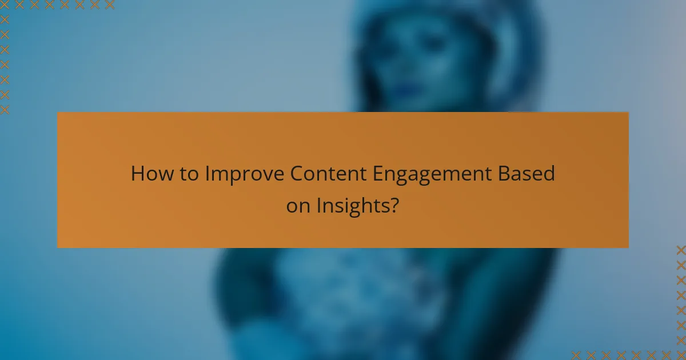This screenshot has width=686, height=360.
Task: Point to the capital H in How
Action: [x=137, y=174]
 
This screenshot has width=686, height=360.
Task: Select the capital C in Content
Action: [x=296, y=174]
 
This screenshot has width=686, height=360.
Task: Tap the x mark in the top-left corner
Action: [x=5, y=5]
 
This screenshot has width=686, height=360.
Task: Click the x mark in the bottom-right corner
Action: [x=680, y=354]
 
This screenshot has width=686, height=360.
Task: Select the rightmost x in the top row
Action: [x=109, y=5]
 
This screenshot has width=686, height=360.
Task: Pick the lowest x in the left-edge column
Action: [x=5, y=109]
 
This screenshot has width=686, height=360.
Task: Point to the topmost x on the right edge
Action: [x=680, y=250]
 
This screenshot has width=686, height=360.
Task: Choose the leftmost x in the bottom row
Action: [x=576, y=354]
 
